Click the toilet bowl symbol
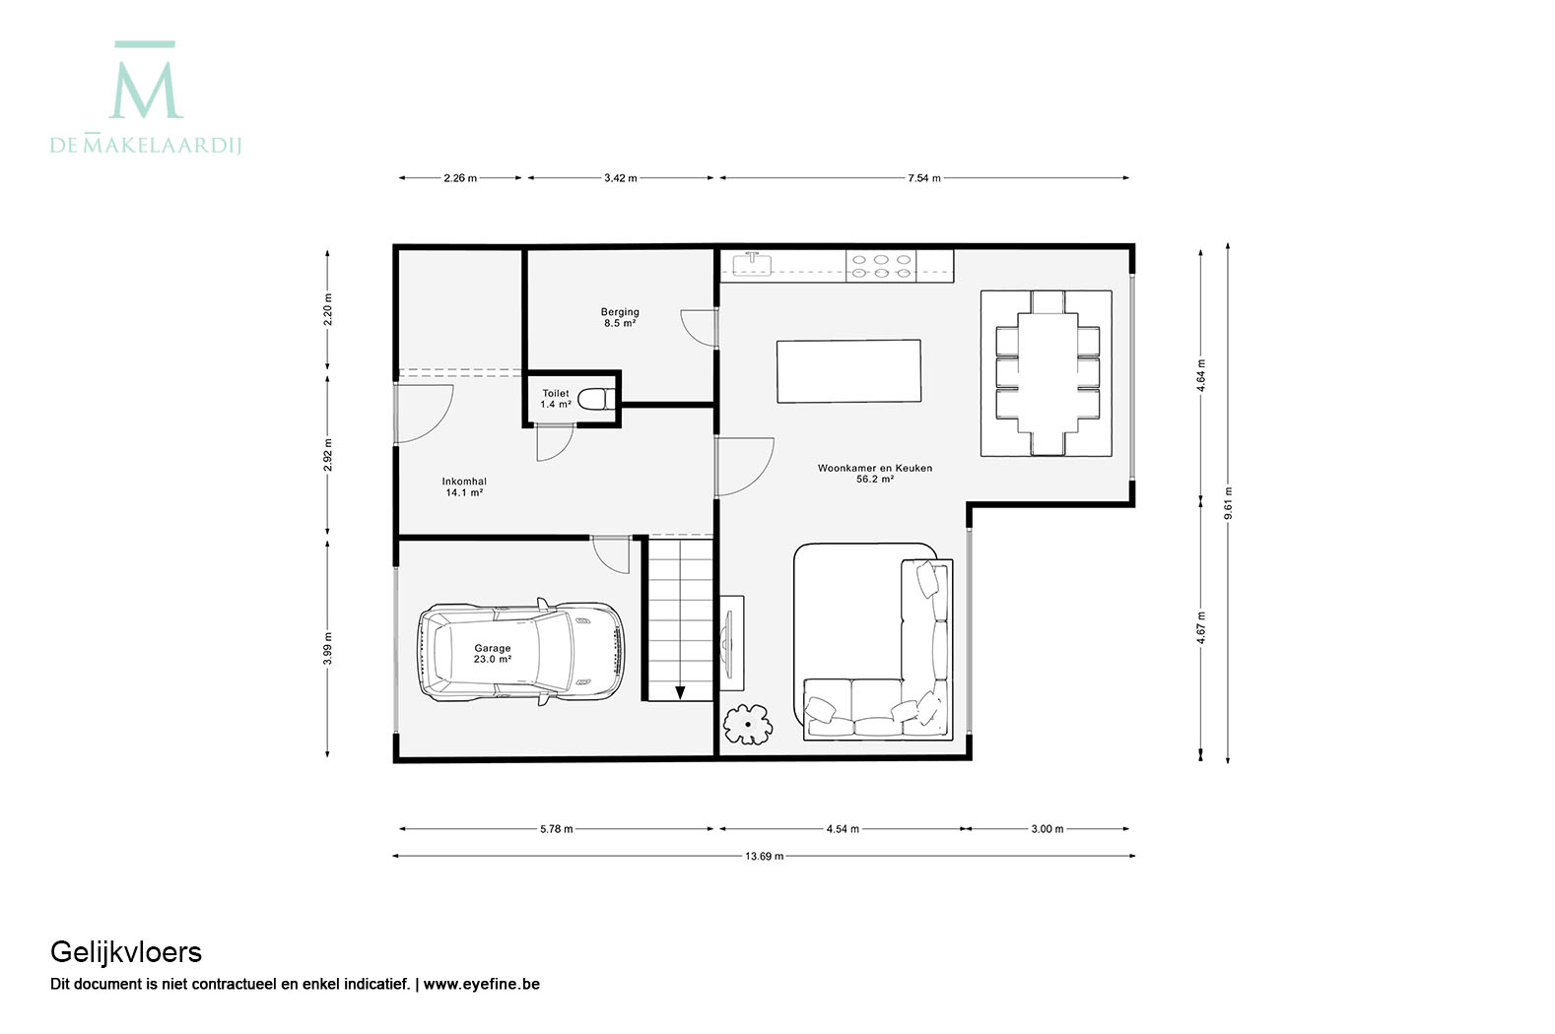point(595,399)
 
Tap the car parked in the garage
point(520,652)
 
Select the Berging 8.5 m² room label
point(620,317)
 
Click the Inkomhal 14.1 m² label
point(464,486)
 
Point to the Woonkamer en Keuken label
point(875,468)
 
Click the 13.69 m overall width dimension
point(764,856)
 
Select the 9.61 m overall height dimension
point(1228,503)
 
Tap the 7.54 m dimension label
point(924,178)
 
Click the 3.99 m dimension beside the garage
point(328,648)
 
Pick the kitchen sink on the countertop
point(752,264)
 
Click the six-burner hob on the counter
point(881,266)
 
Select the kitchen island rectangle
point(848,370)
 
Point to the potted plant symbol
point(748,725)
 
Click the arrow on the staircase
point(680,692)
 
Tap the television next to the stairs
point(728,643)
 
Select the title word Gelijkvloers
point(126,952)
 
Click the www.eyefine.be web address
point(481,984)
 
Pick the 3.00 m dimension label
point(1047,828)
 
